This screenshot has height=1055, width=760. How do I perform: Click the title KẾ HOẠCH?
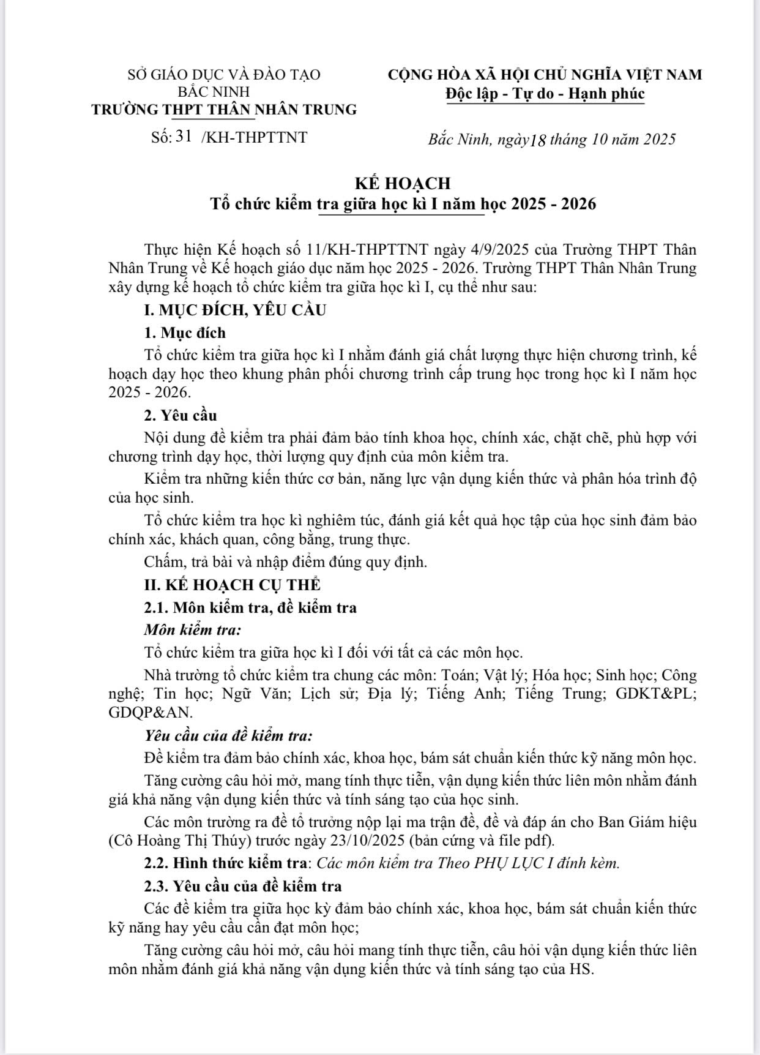click(403, 183)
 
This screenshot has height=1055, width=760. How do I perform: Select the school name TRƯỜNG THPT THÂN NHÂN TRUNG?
click(224, 110)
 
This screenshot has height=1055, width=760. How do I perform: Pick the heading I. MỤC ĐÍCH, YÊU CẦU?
click(235, 310)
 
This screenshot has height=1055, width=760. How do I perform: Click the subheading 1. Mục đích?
click(185, 333)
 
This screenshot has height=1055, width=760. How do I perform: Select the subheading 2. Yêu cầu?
click(181, 416)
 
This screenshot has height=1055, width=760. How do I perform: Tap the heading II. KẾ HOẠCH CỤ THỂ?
click(232, 585)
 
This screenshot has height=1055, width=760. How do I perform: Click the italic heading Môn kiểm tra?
click(192, 629)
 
